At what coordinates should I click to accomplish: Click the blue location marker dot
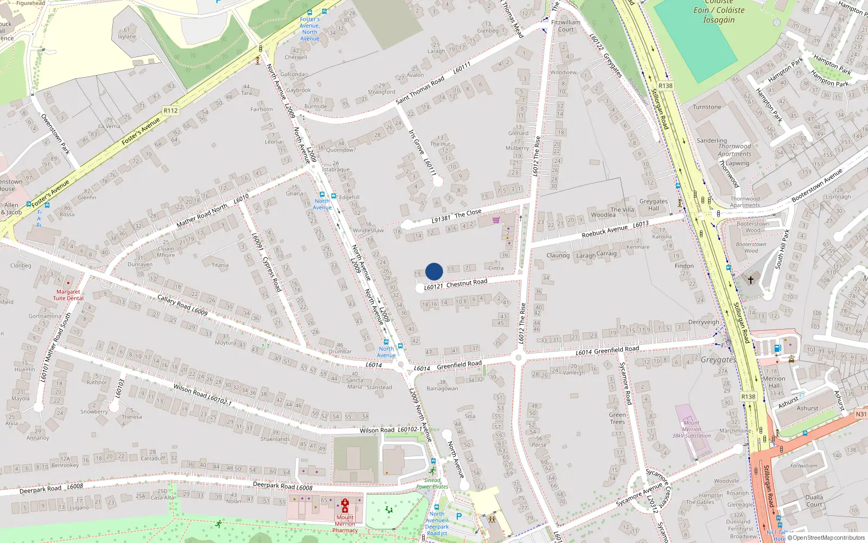click(434, 271)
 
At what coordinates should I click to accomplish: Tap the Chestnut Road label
click(467, 282)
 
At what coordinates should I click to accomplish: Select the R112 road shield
click(170, 110)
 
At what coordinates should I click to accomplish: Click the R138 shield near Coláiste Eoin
click(665, 86)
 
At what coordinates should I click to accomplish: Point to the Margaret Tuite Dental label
click(68, 295)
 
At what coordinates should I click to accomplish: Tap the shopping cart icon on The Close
click(496, 220)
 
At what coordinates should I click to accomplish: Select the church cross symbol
click(751, 280)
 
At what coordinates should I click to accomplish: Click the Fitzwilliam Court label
click(566, 26)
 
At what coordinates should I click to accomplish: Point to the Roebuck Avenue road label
click(604, 231)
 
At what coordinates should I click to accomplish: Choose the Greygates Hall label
click(653, 205)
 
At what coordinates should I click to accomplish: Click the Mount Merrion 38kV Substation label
click(691, 429)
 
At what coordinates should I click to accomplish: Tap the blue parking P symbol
click(459, 516)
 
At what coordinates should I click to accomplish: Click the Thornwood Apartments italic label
click(735, 150)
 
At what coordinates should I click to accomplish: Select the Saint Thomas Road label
click(420, 90)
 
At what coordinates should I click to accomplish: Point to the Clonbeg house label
click(21, 266)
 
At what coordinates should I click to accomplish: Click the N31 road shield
click(861, 414)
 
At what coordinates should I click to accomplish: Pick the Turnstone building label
click(707, 107)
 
